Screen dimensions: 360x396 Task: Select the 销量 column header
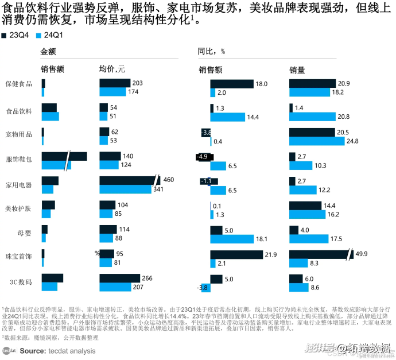tap(297, 69)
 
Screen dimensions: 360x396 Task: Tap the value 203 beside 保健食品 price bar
tap(137, 83)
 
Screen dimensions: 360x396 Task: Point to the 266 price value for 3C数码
tap(147, 278)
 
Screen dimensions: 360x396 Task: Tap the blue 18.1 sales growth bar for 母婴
tap(232, 238)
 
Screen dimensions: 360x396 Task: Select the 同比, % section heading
tap(211, 51)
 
